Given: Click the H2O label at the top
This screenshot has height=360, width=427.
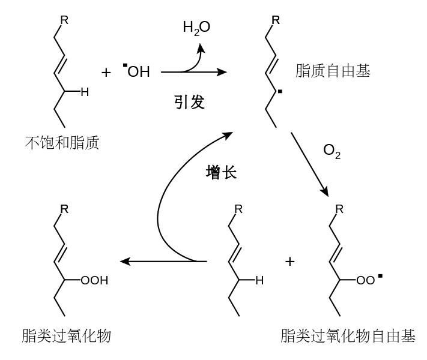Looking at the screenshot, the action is [196, 28].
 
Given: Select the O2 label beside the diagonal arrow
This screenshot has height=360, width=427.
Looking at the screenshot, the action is [332, 151].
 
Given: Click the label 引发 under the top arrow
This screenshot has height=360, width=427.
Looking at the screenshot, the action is [190, 103].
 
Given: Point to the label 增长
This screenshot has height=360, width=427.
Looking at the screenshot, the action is [222, 173].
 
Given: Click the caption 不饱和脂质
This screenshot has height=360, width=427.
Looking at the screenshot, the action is [62, 143].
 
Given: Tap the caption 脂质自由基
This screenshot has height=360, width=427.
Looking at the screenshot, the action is [333, 71].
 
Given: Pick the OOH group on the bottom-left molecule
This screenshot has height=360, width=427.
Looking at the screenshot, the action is [94, 280].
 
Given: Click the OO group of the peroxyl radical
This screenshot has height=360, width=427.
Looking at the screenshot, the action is [366, 280].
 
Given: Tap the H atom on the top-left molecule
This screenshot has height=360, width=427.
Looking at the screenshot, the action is [85, 92].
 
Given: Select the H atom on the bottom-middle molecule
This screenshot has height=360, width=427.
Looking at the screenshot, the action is [259, 280].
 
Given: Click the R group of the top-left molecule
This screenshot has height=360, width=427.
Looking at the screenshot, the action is [64, 20].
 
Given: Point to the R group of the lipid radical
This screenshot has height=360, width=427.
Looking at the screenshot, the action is [276, 20].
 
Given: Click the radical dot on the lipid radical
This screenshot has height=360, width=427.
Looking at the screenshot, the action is [280, 92].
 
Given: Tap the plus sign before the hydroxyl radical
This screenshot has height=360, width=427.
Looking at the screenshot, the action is [106, 73].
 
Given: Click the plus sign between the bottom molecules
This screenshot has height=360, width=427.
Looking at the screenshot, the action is [289, 262].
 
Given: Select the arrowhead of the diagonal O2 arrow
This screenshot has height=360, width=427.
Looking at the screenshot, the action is [325, 192].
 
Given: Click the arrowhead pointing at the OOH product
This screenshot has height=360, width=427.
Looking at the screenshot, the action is [125, 262].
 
